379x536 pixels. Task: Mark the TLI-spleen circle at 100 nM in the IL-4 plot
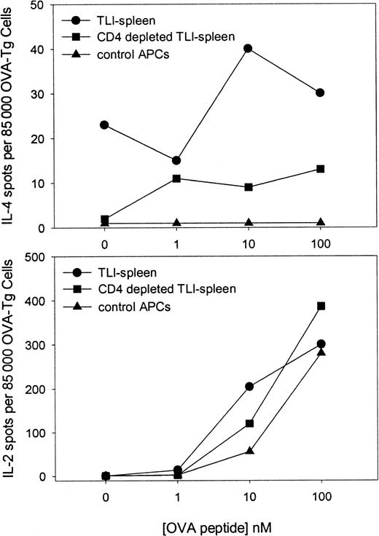[x=320, y=92]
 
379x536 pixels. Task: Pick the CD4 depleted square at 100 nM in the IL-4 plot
[x=320, y=169]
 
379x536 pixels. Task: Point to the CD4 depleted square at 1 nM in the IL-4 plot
[x=176, y=178]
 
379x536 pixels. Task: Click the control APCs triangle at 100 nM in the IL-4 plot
[x=320, y=221]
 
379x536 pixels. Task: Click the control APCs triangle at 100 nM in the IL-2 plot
[x=320, y=352]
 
